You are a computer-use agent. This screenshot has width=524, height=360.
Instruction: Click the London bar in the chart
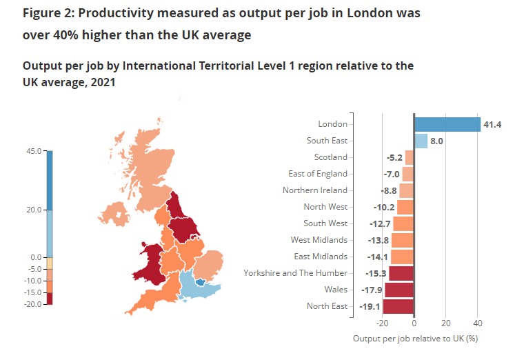(x=447, y=124)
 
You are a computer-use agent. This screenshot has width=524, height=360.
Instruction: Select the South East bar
(x=421, y=141)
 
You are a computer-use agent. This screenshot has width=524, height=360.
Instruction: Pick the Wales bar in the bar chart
(x=399, y=290)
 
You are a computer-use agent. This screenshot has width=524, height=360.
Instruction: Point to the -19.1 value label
(x=371, y=306)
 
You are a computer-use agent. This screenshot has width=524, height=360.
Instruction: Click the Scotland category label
(x=331, y=157)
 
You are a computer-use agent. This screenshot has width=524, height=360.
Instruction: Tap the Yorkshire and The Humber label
(x=296, y=273)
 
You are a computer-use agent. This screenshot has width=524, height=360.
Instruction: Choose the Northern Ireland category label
(x=315, y=190)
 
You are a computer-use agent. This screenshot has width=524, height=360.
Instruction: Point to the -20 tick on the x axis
(x=381, y=323)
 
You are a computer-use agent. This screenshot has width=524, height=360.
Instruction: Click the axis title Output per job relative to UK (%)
(x=415, y=339)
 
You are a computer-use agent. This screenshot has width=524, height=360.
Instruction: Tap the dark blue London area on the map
(x=200, y=281)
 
